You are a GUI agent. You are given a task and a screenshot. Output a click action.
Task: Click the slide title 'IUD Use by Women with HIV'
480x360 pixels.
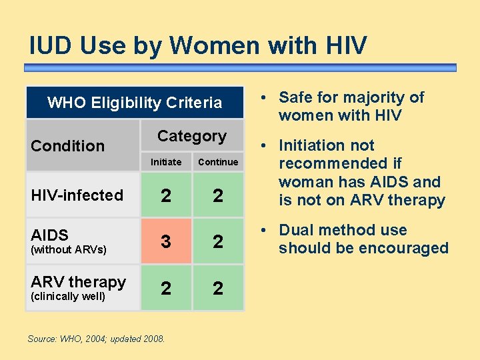pyautogui.click(x=198, y=45)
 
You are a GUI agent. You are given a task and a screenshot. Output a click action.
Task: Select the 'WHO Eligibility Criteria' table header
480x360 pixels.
pyautogui.click(x=135, y=103)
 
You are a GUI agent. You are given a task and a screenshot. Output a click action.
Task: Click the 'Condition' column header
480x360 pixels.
pyautogui.click(x=68, y=145)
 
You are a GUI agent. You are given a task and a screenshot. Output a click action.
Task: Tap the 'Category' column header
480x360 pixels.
pyautogui.click(x=192, y=136)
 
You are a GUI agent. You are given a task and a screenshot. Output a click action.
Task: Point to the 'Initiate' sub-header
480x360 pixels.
pyautogui.click(x=166, y=162)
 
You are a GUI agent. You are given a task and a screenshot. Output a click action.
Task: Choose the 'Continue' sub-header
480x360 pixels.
pyautogui.click(x=218, y=162)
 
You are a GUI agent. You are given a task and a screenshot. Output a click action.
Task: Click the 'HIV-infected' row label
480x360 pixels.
pyautogui.click(x=77, y=195)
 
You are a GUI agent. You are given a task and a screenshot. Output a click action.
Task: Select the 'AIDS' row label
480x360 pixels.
pyautogui.click(x=50, y=235)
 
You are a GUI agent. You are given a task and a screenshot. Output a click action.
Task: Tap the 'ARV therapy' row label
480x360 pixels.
pyautogui.click(x=79, y=282)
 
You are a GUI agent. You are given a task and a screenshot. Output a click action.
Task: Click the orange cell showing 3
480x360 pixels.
pyautogui.click(x=166, y=241)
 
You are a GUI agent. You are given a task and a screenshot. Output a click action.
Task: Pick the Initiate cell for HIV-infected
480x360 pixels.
pyautogui.click(x=166, y=195)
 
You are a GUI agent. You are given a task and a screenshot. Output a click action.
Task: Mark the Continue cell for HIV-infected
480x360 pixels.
pyautogui.click(x=218, y=195)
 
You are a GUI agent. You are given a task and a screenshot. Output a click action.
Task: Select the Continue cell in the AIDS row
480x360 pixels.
pyautogui.click(x=218, y=241)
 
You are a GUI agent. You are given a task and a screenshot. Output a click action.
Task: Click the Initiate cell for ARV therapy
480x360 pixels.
pyautogui.click(x=166, y=288)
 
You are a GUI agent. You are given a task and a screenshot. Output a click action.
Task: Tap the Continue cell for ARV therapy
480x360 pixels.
pyautogui.click(x=218, y=288)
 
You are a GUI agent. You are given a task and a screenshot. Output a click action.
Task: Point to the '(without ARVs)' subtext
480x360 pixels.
pyautogui.click(x=69, y=250)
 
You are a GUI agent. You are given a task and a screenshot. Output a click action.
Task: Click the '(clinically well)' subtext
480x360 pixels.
pyautogui.click(x=68, y=297)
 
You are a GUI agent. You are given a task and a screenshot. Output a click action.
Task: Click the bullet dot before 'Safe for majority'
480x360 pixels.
pyautogui.click(x=265, y=98)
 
